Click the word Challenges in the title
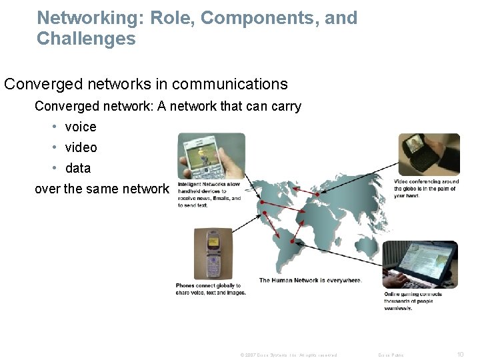pyautogui.click(x=86, y=39)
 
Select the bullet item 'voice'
pyautogui.click(x=81, y=127)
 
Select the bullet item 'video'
pyautogui.click(x=81, y=147)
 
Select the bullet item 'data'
pyautogui.click(x=78, y=168)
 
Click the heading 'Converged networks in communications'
pyautogui.click(x=146, y=84)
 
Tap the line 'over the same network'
pyautogui.click(x=102, y=189)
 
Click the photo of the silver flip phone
pyautogui.click(x=213, y=253)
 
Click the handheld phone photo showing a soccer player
pyautogui.click(x=211, y=156)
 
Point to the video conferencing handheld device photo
pyautogui.click(x=429, y=154)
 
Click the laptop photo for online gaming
pyautogui.click(x=420, y=265)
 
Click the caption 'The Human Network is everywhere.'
pyautogui.click(x=310, y=281)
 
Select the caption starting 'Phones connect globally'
pyautogui.click(x=211, y=289)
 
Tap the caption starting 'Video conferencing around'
pyautogui.click(x=426, y=189)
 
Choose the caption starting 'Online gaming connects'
pyautogui.click(x=413, y=301)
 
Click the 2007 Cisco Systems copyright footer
pyautogui.click(x=288, y=355)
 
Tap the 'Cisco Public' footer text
pyautogui.click(x=391, y=355)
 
